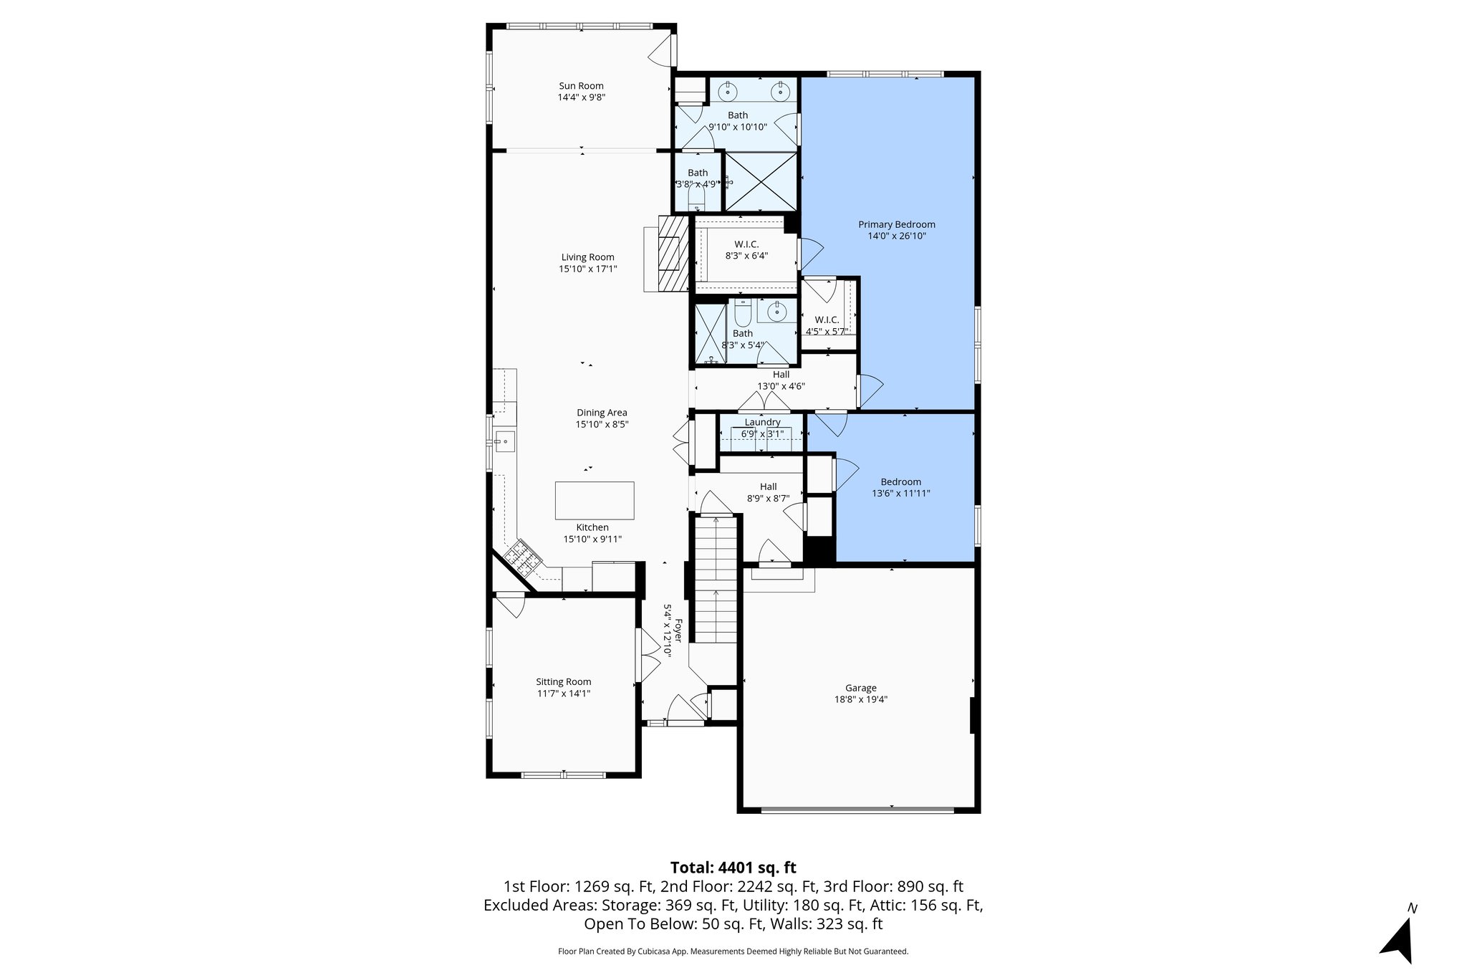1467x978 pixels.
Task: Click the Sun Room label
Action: [581, 86]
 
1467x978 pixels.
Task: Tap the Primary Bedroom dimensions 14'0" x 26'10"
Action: [896, 236]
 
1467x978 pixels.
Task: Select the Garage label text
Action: [860, 688]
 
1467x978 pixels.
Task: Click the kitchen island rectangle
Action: [594, 500]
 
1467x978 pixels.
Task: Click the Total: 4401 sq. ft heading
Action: [733, 868]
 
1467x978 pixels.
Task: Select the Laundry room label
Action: [762, 422]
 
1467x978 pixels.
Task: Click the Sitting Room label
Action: [564, 681]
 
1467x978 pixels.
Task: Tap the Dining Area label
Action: [602, 412]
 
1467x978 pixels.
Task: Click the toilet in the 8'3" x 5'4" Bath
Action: [742, 314]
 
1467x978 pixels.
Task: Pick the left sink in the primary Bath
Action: [728, 92]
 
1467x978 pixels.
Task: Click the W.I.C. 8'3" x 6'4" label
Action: [746, 244]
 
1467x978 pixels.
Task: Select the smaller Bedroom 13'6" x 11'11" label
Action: [901, 481]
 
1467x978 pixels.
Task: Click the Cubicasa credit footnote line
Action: [733, 951]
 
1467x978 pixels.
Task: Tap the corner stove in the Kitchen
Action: [521, 560]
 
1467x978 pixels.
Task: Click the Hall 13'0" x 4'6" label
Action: [781, 375]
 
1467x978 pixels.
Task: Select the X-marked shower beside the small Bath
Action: [761, 181]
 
